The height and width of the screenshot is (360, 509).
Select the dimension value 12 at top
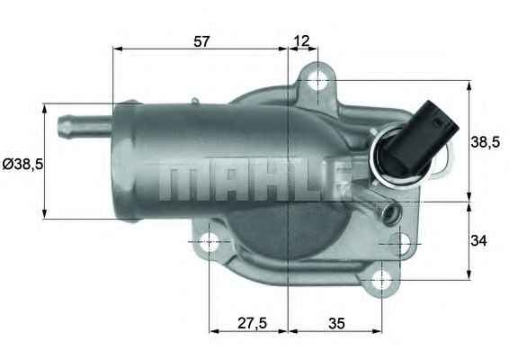pos(302,40)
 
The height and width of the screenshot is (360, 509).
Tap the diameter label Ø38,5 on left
pos(22,164)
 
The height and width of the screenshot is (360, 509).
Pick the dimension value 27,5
pos(248,321)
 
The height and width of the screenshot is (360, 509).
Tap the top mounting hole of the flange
pos(318,81)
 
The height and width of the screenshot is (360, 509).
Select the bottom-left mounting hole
pos(210,242)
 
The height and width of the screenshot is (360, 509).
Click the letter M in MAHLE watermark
pos(179,181)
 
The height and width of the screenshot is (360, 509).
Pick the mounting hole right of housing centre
pos(400,242)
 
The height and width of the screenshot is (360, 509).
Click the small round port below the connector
pos(389,214)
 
